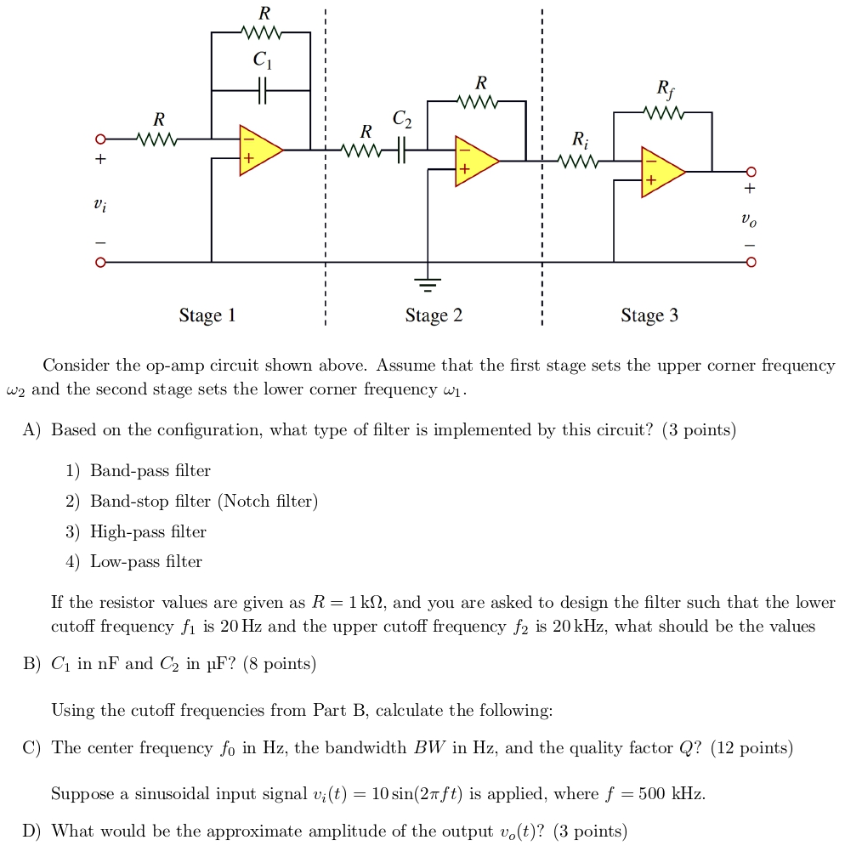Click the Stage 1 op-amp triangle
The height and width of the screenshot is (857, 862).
[x=258, y=150]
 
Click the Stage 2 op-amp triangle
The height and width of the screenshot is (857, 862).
[x=474, y=160]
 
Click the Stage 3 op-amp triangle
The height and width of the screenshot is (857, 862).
[x=660, y=172]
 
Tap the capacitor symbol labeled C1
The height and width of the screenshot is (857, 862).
[x=263, y=89]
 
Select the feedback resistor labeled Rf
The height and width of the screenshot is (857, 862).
[x=663, y=112]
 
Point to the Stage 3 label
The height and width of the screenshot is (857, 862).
[x=649, y=316]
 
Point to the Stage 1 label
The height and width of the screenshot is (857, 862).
[x=207, y=316]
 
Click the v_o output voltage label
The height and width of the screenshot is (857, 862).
[x=746, y=220]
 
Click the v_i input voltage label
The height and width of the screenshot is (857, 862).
[x=99, y=205]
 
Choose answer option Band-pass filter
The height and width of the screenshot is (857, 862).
[x=150, y=471]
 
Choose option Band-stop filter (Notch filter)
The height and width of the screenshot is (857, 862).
[x=204, y=502]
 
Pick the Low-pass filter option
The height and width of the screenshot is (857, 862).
[x=146, y=562]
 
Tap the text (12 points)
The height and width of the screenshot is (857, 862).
[x=751, y=748]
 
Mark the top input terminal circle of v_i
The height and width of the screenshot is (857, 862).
[x=99, y=139]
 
